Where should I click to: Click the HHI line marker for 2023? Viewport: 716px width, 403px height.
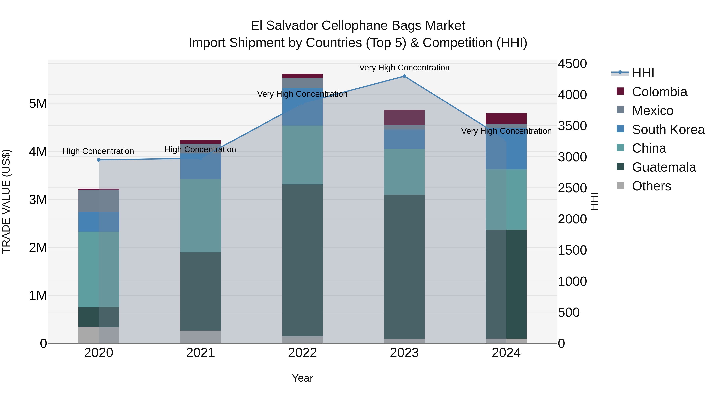tap(404, 76)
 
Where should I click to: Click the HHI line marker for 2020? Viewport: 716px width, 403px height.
tap(99, 160)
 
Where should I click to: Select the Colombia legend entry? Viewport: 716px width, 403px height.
tap(659, 92)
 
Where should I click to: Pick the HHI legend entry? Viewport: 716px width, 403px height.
tap(643, 73)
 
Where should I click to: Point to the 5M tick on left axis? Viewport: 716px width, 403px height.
tap(38, 104)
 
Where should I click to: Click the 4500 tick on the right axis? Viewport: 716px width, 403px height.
tap(572, 64)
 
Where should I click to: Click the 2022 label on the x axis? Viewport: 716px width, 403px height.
tap(302, 353)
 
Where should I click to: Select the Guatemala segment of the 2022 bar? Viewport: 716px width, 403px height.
tap(302, 260)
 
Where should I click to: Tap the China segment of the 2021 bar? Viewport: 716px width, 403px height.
tap(200, 215)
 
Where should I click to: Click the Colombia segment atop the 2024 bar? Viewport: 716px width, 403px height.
tap(506, 118)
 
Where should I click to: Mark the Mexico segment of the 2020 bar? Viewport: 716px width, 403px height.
tap(99, 201)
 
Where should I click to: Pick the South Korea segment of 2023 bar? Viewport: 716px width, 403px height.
tap(404, 139)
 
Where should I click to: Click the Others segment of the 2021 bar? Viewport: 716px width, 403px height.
tap(200, 337)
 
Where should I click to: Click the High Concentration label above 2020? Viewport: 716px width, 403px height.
tap(98, 151)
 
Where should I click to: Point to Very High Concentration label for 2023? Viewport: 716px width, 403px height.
tap(404, 68)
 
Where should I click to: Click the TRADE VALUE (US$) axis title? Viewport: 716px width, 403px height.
tap(6, 201)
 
